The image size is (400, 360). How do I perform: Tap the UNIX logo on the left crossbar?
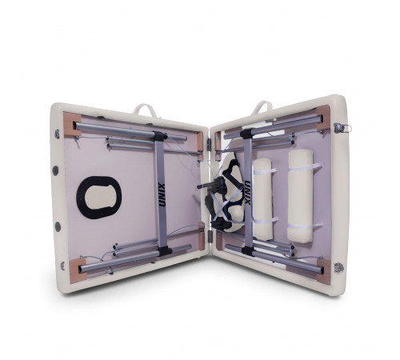coord(162,194)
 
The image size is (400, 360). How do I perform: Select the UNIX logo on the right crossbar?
coord(247,193)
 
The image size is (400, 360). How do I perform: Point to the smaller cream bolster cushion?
coord(262,199)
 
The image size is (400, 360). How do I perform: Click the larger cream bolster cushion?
coord(301,196)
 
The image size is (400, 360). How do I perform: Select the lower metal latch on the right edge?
coord(338,267)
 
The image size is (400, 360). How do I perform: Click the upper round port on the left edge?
coord(56,170)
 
